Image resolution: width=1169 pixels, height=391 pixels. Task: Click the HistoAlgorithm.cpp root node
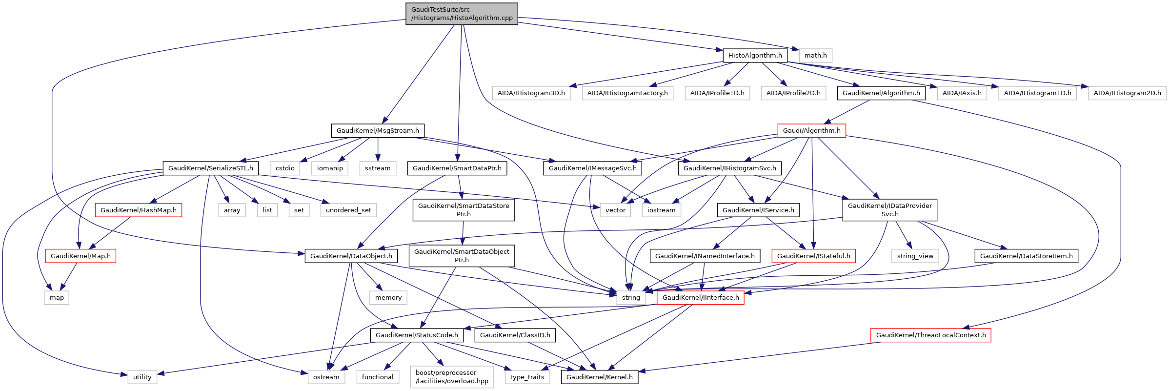(x=462, y=14)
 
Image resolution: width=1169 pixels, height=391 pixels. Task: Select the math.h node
(x=815, y=55)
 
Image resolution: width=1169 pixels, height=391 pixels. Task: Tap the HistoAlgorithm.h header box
(x=755, y=55)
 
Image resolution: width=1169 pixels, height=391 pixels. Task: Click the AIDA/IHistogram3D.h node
(x=531, y=93)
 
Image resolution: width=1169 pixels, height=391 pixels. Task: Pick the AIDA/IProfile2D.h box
(x=793, y=93)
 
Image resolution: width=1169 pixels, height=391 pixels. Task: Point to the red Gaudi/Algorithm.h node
(x=811, y=130)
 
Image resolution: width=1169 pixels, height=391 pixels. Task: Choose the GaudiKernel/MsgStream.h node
(x=378, y=130)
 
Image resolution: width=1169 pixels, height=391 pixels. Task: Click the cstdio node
(x=285, y=168)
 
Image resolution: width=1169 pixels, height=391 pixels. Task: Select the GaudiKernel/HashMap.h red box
(x=139, y=210)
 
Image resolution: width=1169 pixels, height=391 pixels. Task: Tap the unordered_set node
(x=348, y=210)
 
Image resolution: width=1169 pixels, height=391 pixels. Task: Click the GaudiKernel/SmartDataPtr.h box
(x=457, y=168)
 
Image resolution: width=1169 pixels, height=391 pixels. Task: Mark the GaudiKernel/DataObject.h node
(x=351, y=256)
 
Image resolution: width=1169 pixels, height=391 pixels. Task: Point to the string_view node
(x=915, y=256)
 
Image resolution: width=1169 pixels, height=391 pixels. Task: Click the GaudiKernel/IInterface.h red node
(x=700, y=297)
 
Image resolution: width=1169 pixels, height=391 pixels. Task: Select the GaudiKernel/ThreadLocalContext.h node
(x=930, y=335)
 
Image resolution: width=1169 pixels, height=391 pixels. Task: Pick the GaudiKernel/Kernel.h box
(x=599, y=377)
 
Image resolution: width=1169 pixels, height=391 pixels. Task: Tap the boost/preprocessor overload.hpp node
(x=452, y=377)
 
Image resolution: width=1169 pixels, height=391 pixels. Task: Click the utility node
(x=142, y=377)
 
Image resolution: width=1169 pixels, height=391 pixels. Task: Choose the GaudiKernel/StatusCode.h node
(x=417, y=335)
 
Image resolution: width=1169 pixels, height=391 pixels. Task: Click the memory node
(x=388, y=297)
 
